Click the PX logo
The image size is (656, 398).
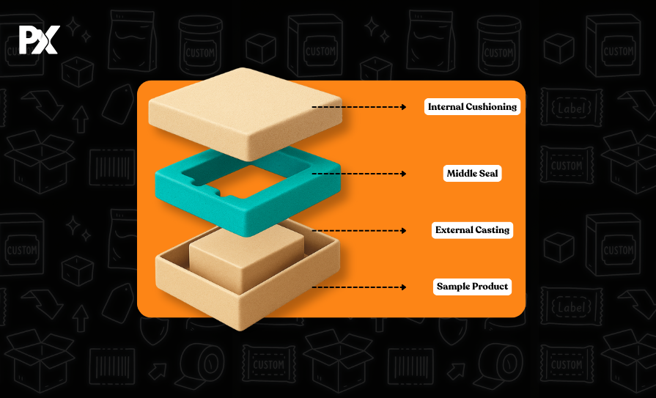pos(37,40)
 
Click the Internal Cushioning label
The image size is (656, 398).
pos(472,107)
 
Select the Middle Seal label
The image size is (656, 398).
pos(473,174)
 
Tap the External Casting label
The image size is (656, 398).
pos(472,230)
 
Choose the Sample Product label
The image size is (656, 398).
pos(472,287)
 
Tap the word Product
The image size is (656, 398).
pos(491,287)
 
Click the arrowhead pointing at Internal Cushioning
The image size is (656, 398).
pos(403,107)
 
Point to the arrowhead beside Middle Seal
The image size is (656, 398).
pos(403,174)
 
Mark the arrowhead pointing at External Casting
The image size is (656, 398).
pos(403,230)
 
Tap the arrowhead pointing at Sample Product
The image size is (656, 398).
pos(403,287)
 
